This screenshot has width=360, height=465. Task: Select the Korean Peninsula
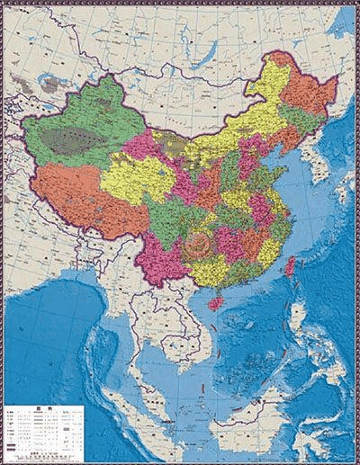point(311,166)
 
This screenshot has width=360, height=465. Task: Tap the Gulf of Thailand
point(166,360)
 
